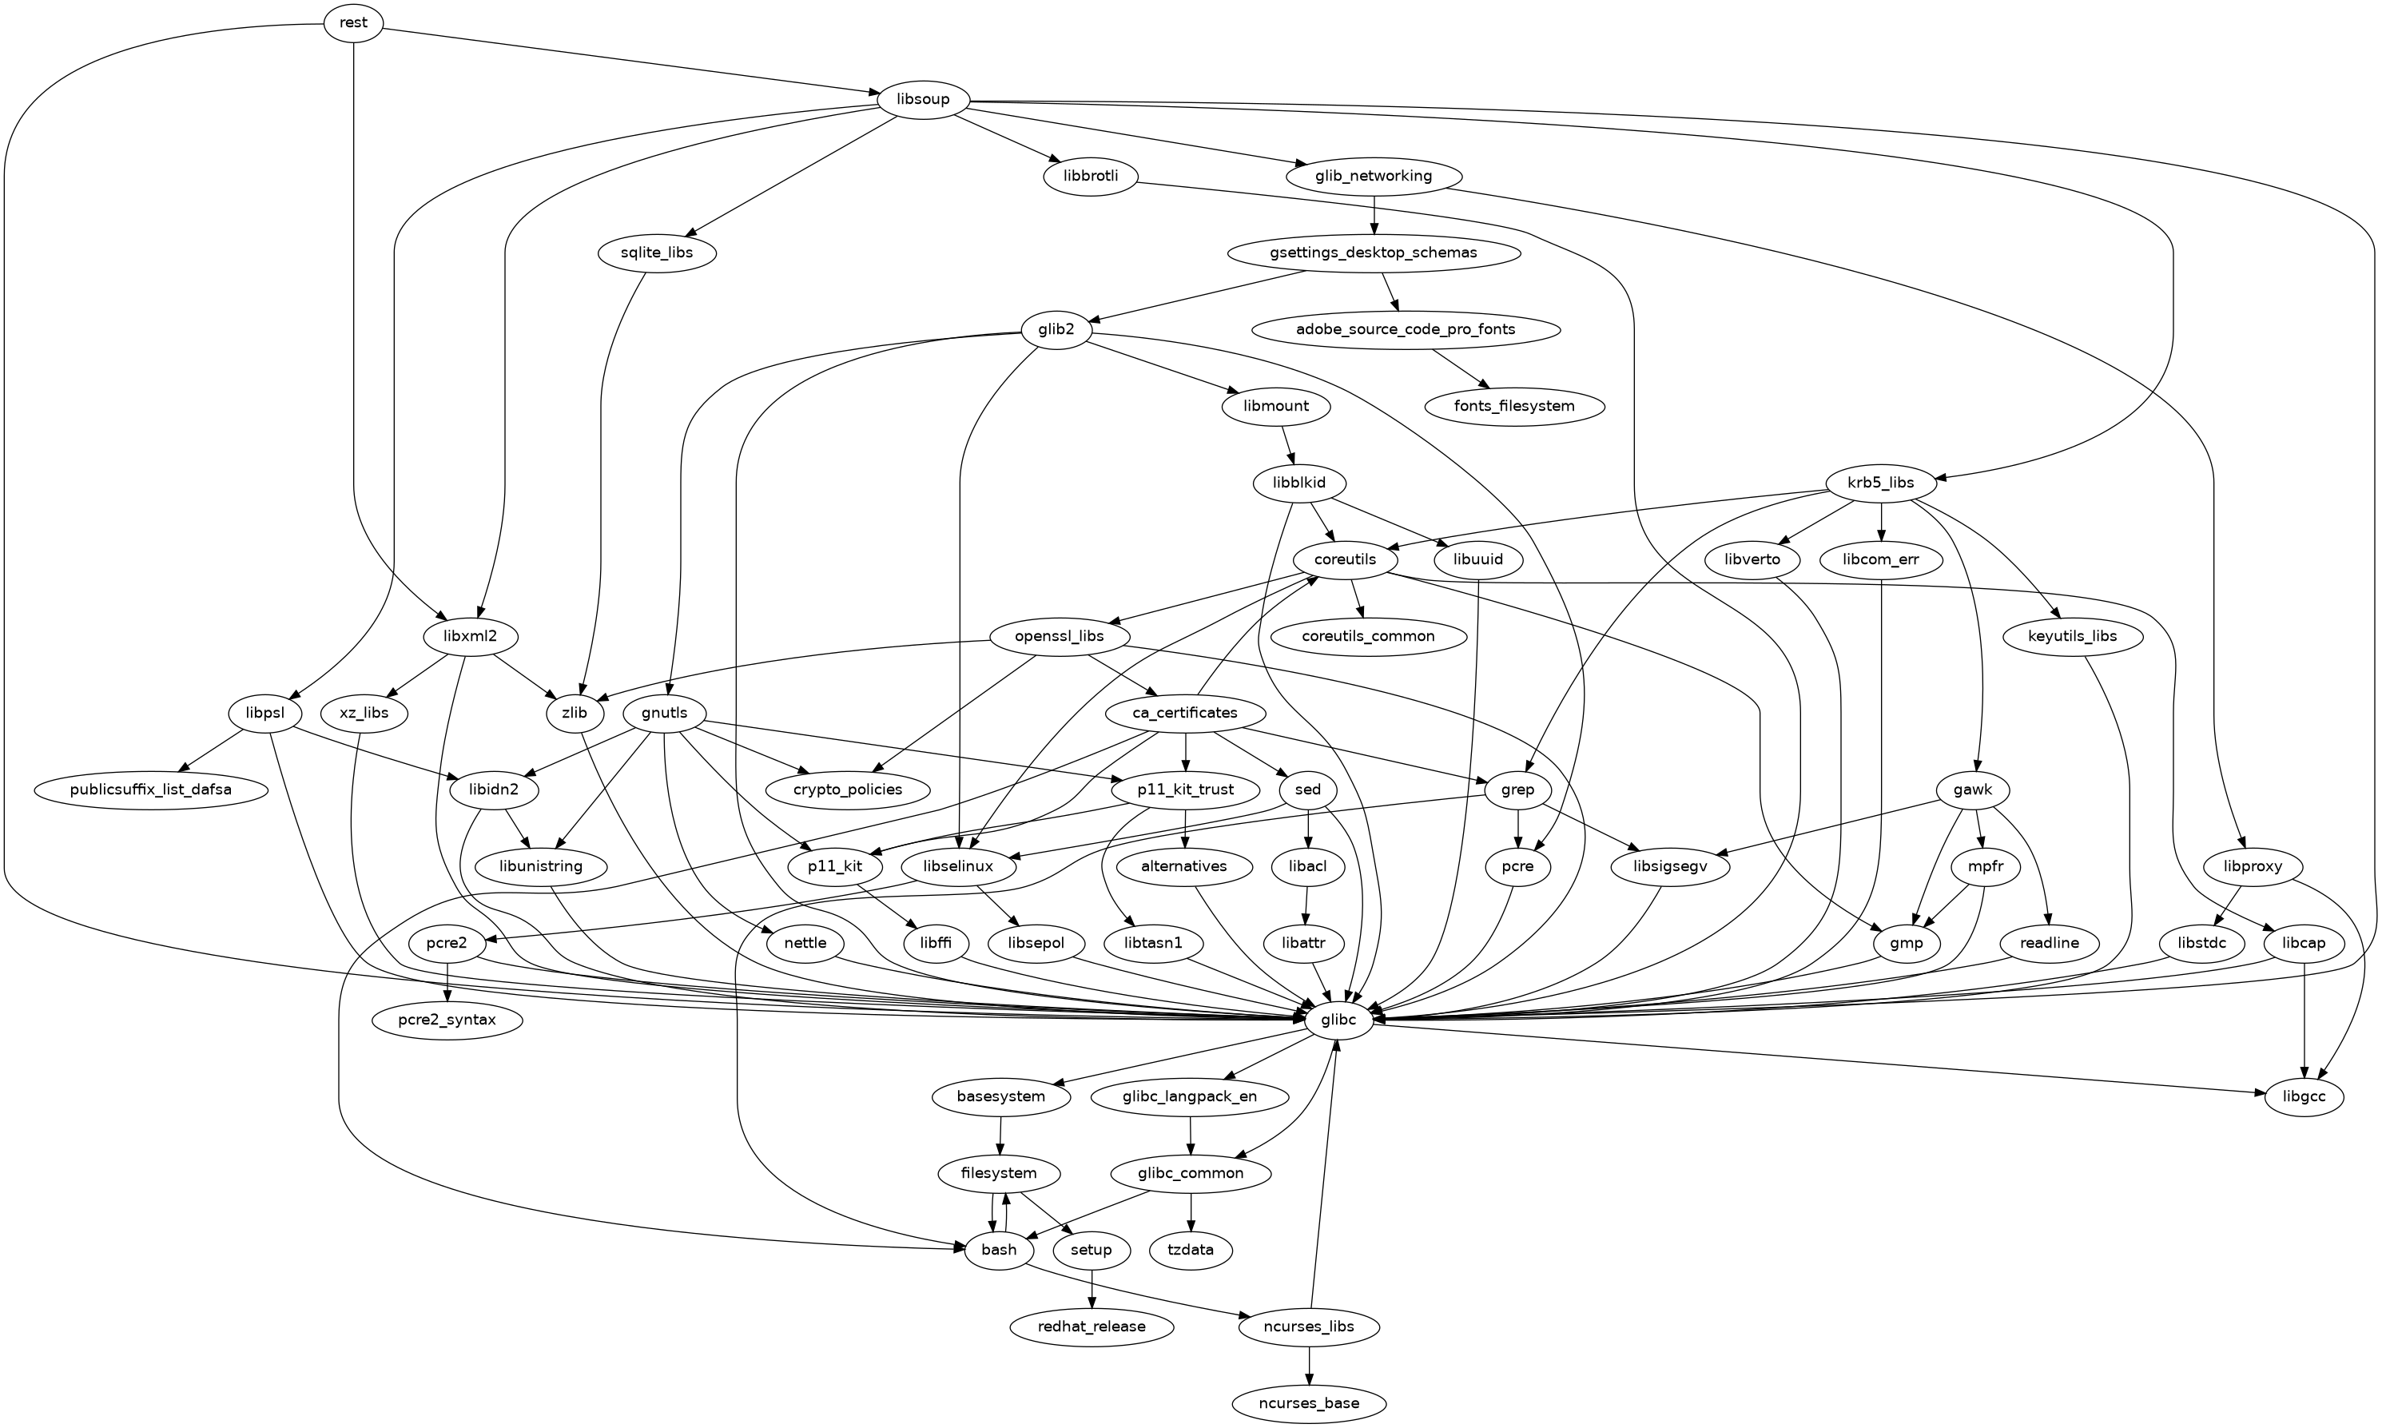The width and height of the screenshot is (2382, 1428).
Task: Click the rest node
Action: point(353,23)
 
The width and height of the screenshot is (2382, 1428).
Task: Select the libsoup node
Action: point(923,99)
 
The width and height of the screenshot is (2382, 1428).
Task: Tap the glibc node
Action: point(1338,1020)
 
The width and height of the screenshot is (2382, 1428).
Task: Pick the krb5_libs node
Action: point(1880,482)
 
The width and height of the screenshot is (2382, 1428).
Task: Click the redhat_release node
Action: point(1092,1326)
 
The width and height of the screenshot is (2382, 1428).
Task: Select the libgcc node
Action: point(2303,1096)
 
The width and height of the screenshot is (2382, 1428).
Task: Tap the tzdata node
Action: point(1191,1250)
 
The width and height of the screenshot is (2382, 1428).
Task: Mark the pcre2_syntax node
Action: point(447,1020)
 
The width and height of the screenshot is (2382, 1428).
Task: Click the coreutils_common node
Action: point(1368,636)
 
